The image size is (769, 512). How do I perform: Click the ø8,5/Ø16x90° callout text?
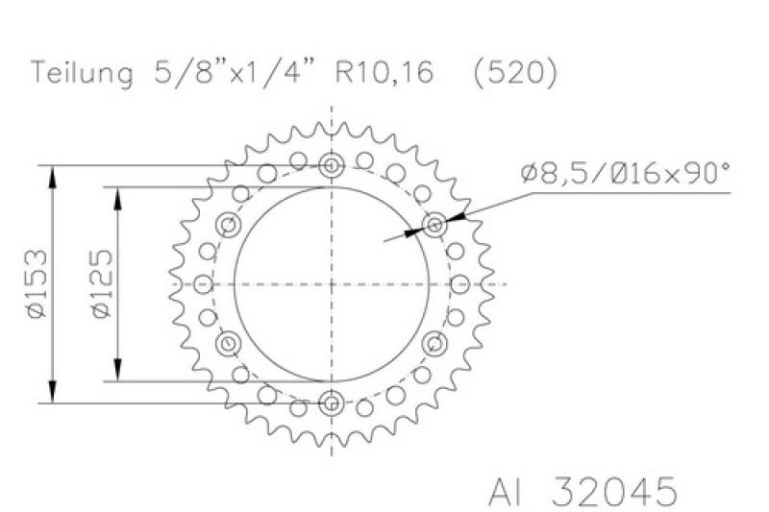coord(625,174)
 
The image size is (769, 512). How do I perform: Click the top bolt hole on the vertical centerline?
coord(332,165)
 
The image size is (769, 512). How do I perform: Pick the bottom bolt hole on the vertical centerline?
coord(332,402)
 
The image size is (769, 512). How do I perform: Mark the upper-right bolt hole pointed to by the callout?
coord(434,226)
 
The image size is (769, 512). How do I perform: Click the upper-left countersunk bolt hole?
coord(229,226)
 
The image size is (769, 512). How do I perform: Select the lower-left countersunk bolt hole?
coord(229,343)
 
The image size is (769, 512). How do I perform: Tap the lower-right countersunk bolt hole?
coord(434,343)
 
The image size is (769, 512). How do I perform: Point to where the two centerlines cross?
coord(332,284)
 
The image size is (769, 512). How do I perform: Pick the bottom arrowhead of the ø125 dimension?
coord(118,374)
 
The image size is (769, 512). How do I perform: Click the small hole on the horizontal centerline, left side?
coord(203,284)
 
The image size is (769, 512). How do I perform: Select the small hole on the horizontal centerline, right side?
coord(461,284)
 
